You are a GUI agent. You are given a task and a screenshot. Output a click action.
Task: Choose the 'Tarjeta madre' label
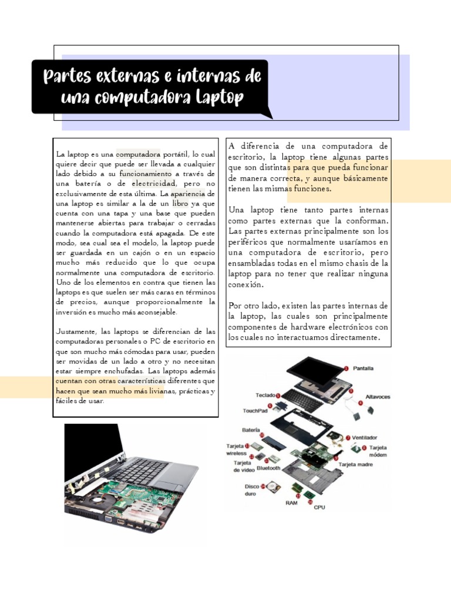[356, 464]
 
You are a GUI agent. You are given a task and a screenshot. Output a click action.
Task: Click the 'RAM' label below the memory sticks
[292, 503]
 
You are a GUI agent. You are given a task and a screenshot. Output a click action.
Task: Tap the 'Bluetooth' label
[268, 468]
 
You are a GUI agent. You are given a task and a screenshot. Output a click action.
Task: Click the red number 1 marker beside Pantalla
[346, 368]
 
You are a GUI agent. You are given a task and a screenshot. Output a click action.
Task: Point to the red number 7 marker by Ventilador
[348, 437]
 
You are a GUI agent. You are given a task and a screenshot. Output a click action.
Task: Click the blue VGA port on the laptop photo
[109, 518]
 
